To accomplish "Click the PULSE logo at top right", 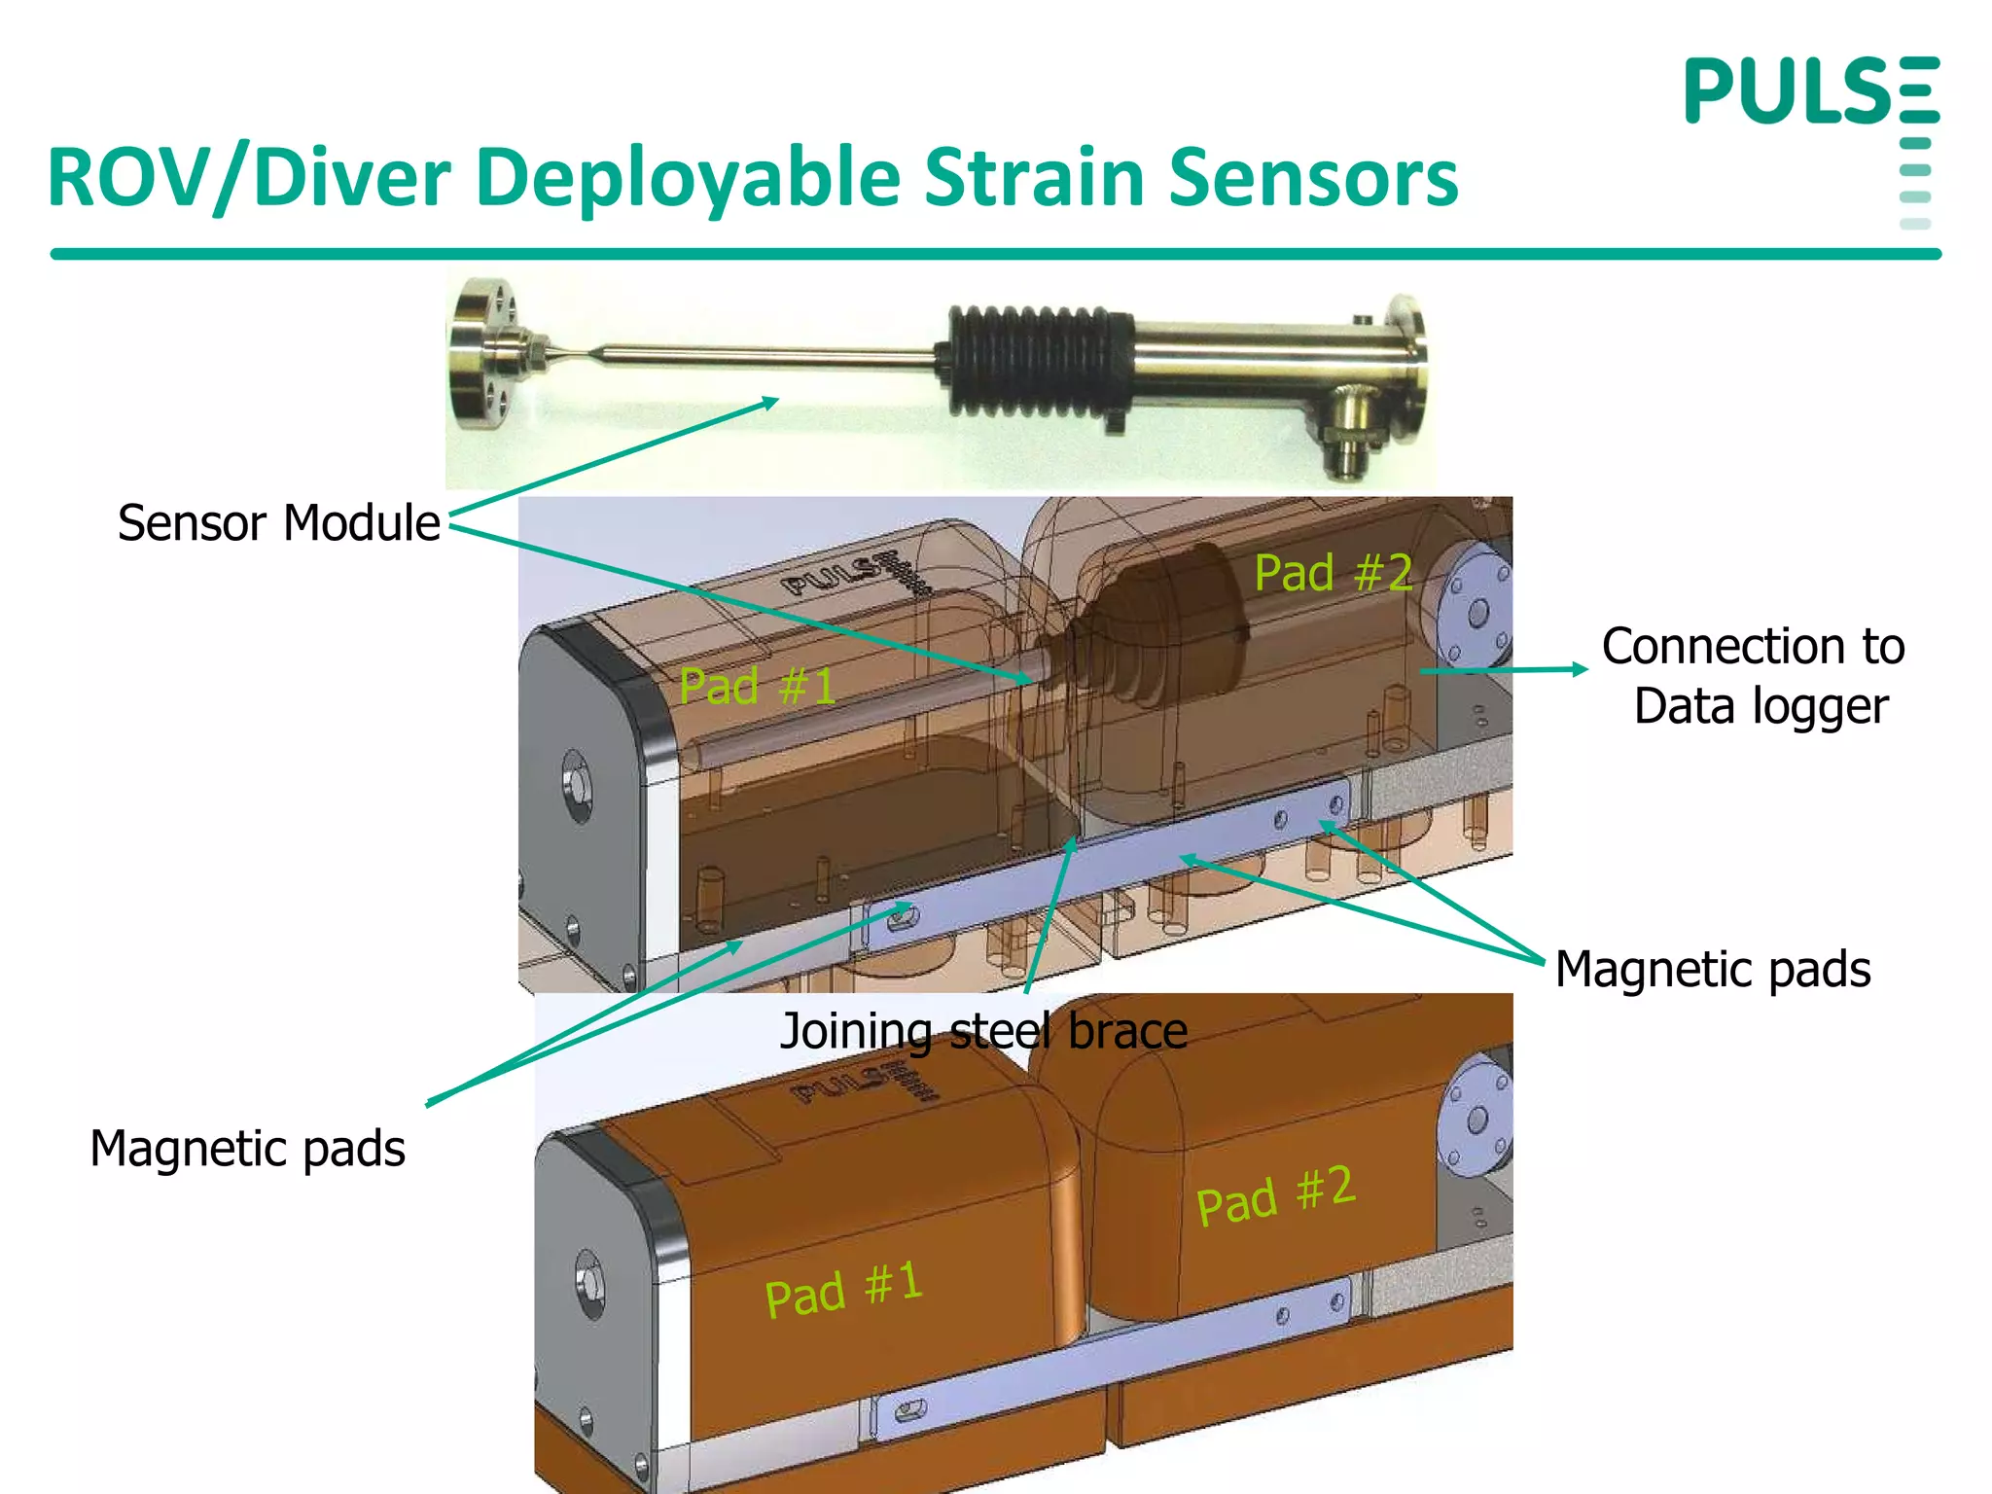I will (1811, 91).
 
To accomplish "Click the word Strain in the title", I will (1033, 178).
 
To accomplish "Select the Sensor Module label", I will (278, 523).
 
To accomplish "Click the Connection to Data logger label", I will (1753, 676).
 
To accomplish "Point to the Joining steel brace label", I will (983, 1031).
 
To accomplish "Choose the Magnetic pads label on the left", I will (247, 1149).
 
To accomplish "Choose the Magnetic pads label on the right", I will (1712, 970).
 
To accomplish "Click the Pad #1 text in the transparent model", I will (757, 687).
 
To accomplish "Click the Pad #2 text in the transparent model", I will (1333, 572).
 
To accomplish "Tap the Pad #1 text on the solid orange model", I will (842, 1290).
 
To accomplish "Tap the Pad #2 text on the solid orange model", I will (1275, 1196).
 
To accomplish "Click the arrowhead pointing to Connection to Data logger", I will (1580, 669).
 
